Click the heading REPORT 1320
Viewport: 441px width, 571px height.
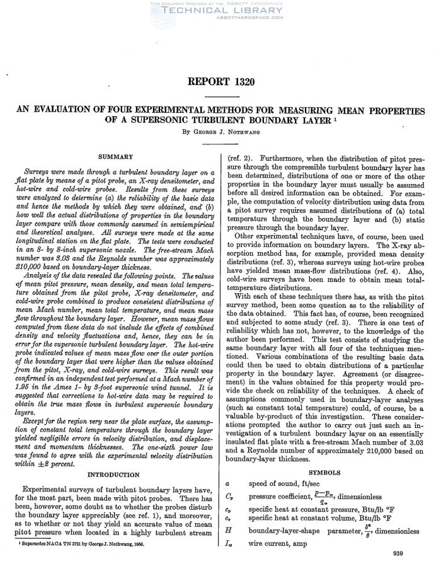[x=220, y=83]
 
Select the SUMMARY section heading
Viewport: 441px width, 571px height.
[x=115, y=156]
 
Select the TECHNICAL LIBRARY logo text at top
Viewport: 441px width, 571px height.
[x=220, y=11]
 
